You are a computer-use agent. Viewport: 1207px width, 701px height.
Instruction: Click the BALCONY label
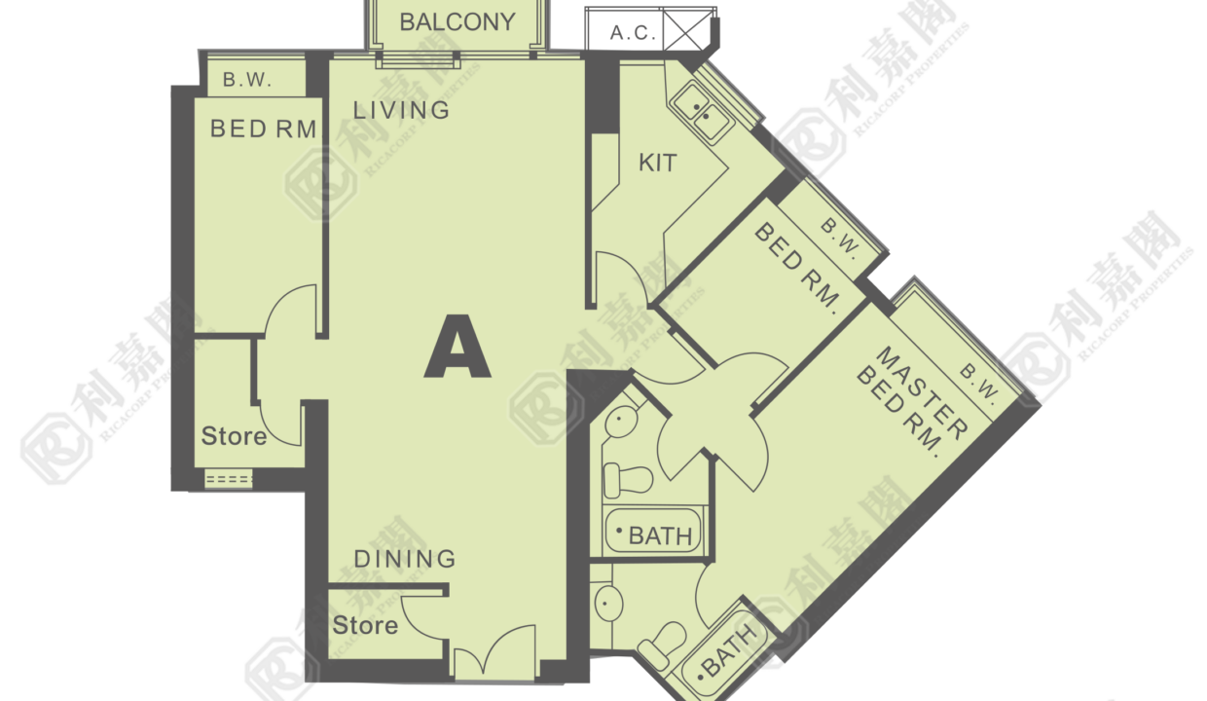457,22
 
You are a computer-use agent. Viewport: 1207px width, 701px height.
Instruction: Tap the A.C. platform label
633,33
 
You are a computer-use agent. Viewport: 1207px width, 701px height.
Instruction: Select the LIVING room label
401,110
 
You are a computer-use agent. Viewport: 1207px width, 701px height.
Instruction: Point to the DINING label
405,559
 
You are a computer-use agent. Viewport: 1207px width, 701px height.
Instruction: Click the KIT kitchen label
657,163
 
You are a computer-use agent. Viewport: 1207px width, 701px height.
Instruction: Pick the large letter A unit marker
457,347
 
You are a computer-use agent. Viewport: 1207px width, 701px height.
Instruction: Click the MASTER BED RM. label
912,401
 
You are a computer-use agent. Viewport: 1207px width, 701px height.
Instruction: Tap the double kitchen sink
702,112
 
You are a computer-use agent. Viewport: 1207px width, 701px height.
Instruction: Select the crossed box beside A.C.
687,30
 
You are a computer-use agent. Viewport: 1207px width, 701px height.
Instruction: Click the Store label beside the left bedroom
234,436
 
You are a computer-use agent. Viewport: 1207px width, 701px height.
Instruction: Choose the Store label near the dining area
365,626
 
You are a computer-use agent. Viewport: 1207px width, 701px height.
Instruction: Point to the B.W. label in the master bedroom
979,385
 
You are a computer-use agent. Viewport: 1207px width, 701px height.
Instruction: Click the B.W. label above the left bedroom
247,80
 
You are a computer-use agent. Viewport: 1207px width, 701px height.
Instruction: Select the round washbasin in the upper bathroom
622,421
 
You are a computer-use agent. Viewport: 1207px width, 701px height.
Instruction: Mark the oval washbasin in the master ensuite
609,604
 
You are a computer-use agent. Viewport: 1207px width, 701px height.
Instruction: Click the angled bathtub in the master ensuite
722,654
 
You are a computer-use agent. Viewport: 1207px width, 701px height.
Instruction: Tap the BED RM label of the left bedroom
263,129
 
